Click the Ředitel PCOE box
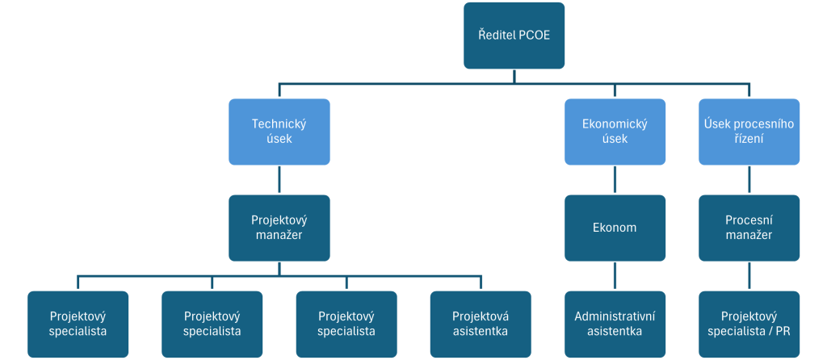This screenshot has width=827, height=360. (514, 36)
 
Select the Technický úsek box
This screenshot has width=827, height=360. (279, 132)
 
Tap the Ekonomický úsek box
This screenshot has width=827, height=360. (615, 132)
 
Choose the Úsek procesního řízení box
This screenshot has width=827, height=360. (749, 132)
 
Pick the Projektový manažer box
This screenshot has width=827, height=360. (279, 228)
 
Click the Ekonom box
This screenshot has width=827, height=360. (615, 228)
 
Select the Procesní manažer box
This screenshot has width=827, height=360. (749, 228)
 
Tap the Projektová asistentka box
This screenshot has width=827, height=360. (481, 323)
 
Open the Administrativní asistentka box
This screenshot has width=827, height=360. (615, 323)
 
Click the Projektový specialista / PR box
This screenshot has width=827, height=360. (749, 323)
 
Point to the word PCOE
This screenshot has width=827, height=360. (533, 36)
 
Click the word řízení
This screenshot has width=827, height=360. (749, 140)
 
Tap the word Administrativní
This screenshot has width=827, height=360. (615, 315)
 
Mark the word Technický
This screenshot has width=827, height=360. (279, 123)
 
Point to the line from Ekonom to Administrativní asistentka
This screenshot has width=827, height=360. (615, 275)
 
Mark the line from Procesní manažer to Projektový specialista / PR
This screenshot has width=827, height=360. (749, 275)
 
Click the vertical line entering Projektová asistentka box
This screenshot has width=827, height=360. (481, 282)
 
